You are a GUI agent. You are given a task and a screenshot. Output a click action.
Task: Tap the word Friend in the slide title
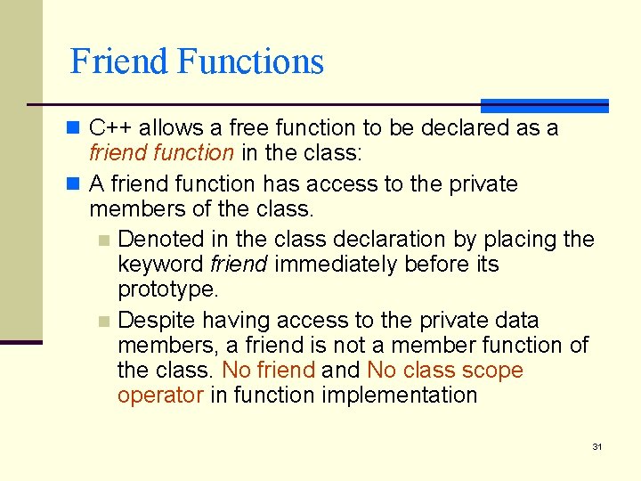[118, 61]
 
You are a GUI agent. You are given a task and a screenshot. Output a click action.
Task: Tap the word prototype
[167, 289]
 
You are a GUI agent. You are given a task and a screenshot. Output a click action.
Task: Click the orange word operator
[160, 395]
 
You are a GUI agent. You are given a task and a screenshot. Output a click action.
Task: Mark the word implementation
[402, 395]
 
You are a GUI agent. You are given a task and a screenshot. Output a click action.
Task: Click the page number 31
[597, 446]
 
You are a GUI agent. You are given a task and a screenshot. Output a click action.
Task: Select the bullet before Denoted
[104, 240]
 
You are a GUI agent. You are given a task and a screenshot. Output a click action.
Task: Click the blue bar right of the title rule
[544, 105]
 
